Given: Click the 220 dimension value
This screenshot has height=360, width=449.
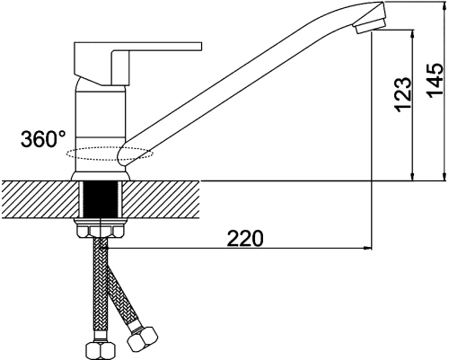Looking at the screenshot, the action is (245, 239).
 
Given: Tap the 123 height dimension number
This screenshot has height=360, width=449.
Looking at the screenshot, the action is (403, 95).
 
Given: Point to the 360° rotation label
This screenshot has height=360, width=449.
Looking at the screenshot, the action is (43, 138).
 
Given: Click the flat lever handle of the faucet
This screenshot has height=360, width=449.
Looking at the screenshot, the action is (137, 63).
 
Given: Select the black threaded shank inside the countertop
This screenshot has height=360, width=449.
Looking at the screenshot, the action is (101, 199).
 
